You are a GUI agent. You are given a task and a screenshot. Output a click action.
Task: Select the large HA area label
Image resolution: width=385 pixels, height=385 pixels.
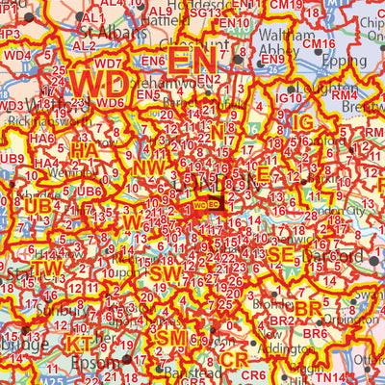click(85, 150)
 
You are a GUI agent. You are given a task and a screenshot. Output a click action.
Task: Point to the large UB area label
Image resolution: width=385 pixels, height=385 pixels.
click(38, 207)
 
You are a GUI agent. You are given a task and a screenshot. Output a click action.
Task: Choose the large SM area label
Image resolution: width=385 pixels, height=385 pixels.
click(172, 339)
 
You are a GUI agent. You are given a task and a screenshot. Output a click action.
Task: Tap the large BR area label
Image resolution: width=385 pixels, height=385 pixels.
click(308, 307)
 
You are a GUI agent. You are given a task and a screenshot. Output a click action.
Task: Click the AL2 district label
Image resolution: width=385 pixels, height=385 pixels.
click(84, 45)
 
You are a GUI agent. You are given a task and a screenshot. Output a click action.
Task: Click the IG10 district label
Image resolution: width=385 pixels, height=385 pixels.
click(287, 98)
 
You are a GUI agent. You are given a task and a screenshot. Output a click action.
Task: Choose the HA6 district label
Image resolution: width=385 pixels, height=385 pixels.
click(41, 139)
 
